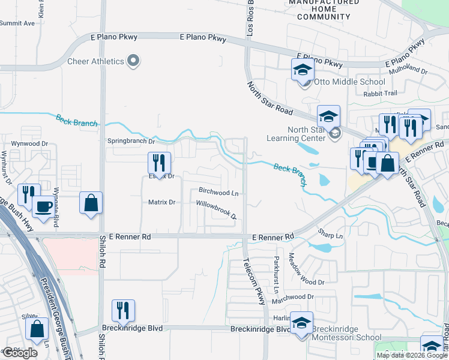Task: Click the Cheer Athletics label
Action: click(x=95, y=61)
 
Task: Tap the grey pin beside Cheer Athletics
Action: click(x=134, y=61)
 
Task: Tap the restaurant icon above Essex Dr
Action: click(x=159, y=163)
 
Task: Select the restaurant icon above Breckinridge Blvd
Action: click(x=123, y=310)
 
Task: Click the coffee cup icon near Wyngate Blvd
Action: click(x=42, y=206)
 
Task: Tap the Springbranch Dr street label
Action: click(x=131, y=142)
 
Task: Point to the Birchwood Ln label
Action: click(x=218, y=193)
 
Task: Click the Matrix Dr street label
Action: click(x=161, y=202)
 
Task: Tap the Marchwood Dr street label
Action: click(x=294, y=296)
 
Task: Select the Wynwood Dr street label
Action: click(x=29, y=144)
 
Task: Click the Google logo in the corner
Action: click(x=20, y=353)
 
